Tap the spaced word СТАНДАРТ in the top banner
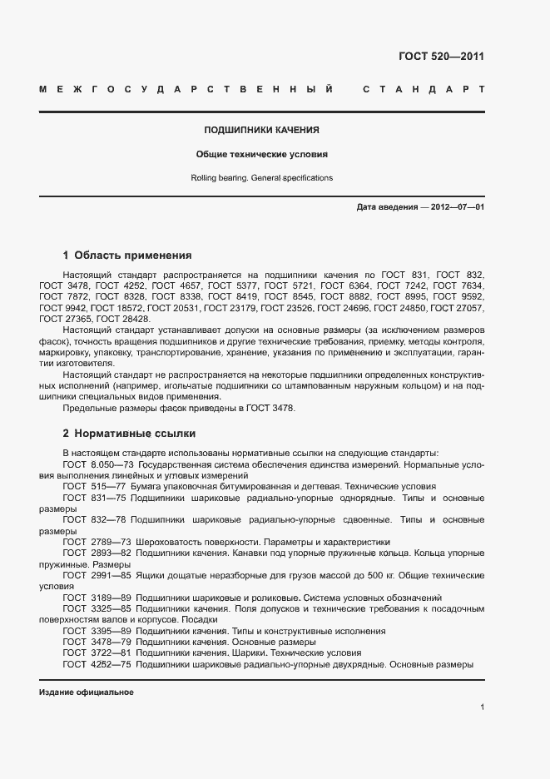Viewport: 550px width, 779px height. pos(424,88)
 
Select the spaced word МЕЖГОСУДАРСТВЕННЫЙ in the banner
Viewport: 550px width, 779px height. pos(186,88)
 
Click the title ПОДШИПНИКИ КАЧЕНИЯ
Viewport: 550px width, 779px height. pos(262,131)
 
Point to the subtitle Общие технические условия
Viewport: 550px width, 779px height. pos(262,154)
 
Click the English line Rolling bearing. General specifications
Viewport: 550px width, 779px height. pos(262,178)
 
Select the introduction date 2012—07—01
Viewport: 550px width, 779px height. pos(456,207)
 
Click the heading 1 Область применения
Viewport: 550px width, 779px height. pos(127,256)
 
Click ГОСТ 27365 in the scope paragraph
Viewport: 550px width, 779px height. pos(66,319)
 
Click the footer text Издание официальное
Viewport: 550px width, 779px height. pos(87,692)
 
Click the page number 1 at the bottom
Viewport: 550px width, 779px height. pos(482,707)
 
